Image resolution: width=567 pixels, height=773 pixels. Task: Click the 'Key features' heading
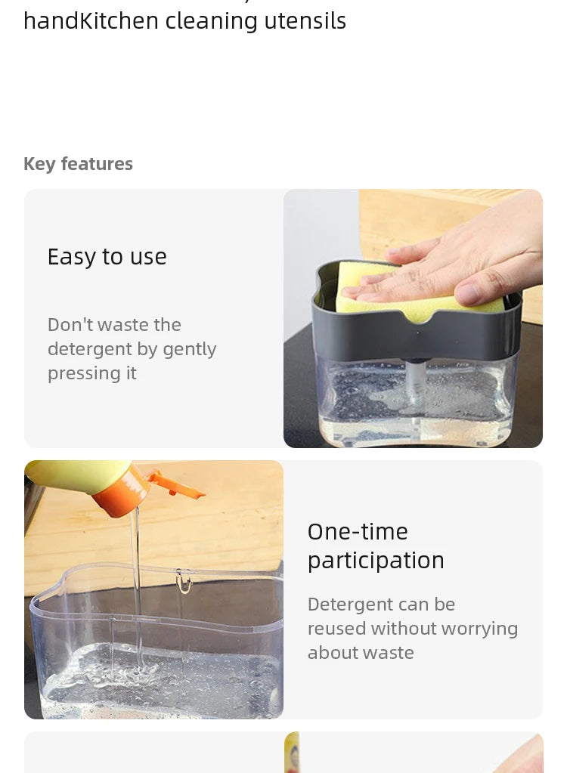(78, 164)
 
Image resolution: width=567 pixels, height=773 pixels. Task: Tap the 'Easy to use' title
(107, 257)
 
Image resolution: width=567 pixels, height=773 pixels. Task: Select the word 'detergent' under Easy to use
(88, 349)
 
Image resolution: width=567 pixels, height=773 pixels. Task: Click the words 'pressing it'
(91, 373)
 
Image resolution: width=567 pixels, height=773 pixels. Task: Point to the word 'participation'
(376, 561)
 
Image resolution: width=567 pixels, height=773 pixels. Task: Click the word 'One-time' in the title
(358, 532)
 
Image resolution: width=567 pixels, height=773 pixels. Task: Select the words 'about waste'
(361, 653)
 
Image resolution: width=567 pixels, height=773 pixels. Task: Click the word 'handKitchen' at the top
(91, 21)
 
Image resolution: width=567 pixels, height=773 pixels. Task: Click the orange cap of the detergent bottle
(125, 495)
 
